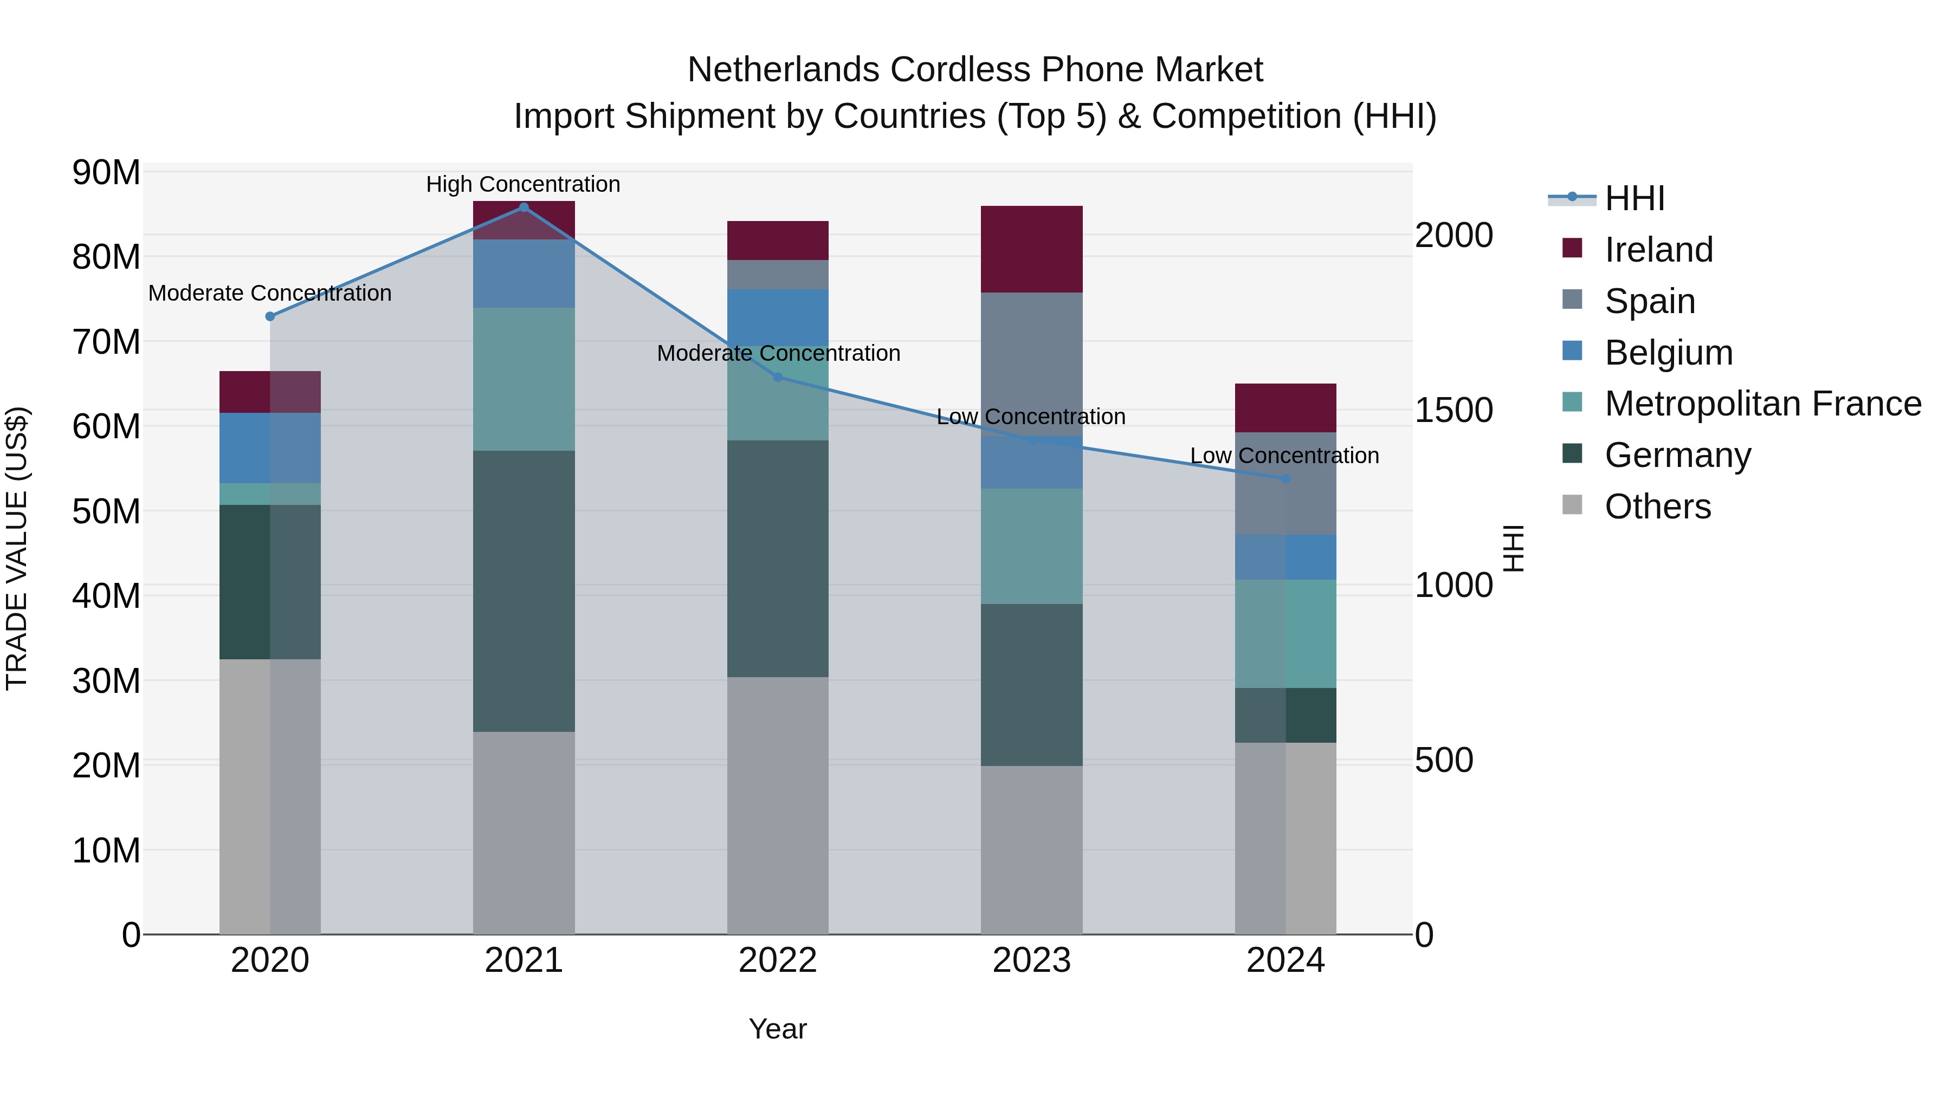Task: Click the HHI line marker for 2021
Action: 524,207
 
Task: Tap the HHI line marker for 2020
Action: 270,316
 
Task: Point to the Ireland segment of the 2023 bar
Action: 1031,249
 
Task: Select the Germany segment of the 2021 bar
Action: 524,590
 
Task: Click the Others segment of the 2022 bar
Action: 778,805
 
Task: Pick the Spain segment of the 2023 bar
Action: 1031,363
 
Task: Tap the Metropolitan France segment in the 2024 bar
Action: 1285,634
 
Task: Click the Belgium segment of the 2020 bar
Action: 270,447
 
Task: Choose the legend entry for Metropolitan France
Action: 1762,404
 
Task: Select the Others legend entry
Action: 1657,507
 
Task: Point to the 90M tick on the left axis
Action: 106,173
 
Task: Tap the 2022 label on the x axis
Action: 778,960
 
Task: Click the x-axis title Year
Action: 778,1029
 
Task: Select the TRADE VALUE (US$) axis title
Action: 17,548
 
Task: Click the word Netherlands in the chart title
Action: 783,70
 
